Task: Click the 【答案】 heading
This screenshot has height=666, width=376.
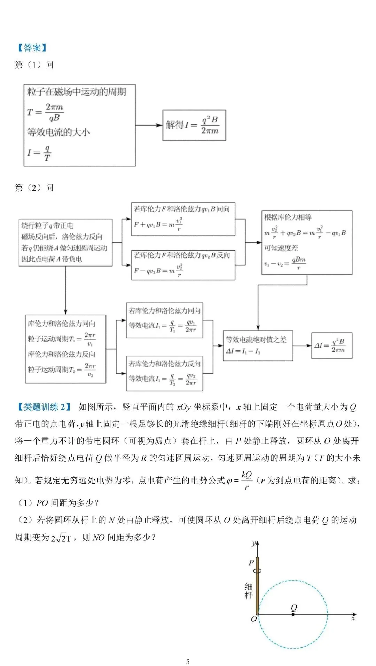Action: pos(32,48)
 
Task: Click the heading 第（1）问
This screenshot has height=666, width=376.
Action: pos(34,65)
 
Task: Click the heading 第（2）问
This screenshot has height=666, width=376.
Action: pos(34,188)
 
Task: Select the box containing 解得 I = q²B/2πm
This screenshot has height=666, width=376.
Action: pos(194,125)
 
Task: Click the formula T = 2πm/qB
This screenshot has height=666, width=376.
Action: pos(46,112)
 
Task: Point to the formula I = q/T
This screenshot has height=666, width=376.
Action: pos(39,153)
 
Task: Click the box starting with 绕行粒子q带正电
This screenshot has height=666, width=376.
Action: pos(65,243)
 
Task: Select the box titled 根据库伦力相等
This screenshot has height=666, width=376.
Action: pos(307,242)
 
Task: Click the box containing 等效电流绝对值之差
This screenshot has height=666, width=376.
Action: pos(258,346)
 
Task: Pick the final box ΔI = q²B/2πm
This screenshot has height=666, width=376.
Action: pos(331,346)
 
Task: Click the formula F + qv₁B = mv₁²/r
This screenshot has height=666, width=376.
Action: pos(158,224)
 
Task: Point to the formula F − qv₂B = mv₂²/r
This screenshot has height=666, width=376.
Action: pos(158,270)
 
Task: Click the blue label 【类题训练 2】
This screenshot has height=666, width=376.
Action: pos(44,407)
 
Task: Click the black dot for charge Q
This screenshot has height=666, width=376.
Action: pos(293,615)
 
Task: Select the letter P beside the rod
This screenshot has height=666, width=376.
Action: pos(251,563)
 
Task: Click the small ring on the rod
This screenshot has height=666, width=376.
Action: pos(257,571)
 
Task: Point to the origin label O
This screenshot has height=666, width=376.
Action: pos(254,619)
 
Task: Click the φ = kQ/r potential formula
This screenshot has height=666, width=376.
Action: pos(240,480)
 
